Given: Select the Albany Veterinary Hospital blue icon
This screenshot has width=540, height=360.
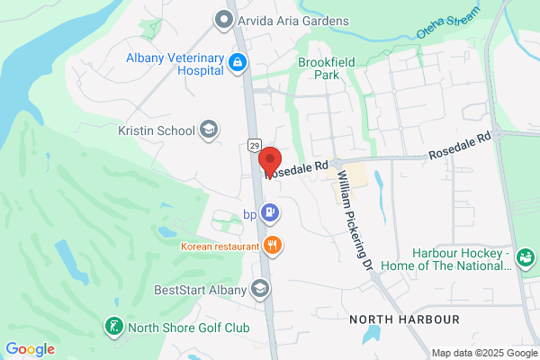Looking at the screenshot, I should (x=238, y=62).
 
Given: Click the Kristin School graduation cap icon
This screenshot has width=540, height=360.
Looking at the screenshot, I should (x=209, y=130).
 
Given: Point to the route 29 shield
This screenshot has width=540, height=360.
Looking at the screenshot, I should (x=255, y=145).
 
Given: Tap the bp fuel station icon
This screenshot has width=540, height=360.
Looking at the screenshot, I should (x=269, y=213).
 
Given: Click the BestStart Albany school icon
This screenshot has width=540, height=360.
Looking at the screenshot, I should (x=260, y=289).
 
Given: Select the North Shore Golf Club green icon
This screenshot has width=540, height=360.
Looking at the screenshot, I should (x=114, y=327).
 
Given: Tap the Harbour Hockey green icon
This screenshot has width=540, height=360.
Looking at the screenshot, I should (x=526, y=257).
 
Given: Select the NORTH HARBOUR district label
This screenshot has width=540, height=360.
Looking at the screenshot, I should (x=404, y=319).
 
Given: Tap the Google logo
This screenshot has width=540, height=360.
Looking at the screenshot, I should (x=30, y=348).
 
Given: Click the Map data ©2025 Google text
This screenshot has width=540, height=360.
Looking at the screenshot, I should (x=482, y=352).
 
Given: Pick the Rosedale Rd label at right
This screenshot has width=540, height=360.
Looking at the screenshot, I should (x=459, y=145).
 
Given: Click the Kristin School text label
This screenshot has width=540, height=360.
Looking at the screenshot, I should (x=157, y=130).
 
